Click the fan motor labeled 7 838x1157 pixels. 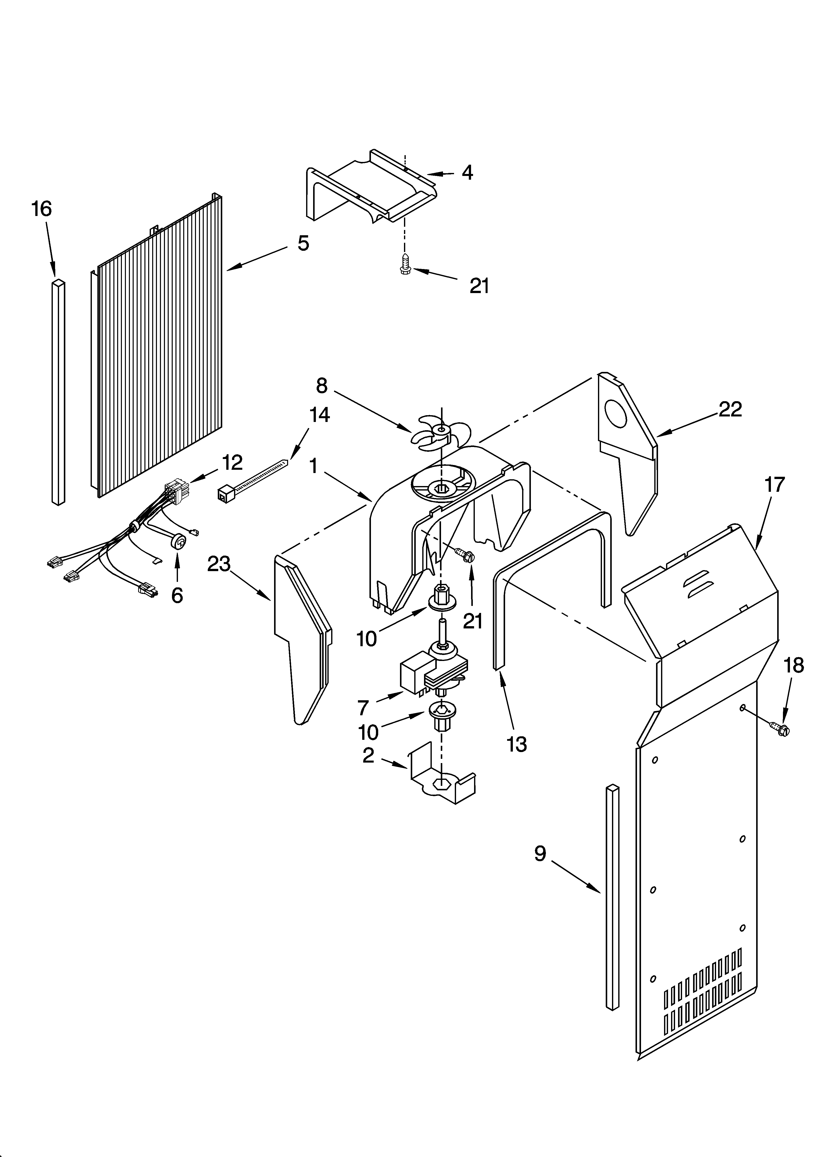tap(434, 673)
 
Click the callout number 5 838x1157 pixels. tap(303, 243)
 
